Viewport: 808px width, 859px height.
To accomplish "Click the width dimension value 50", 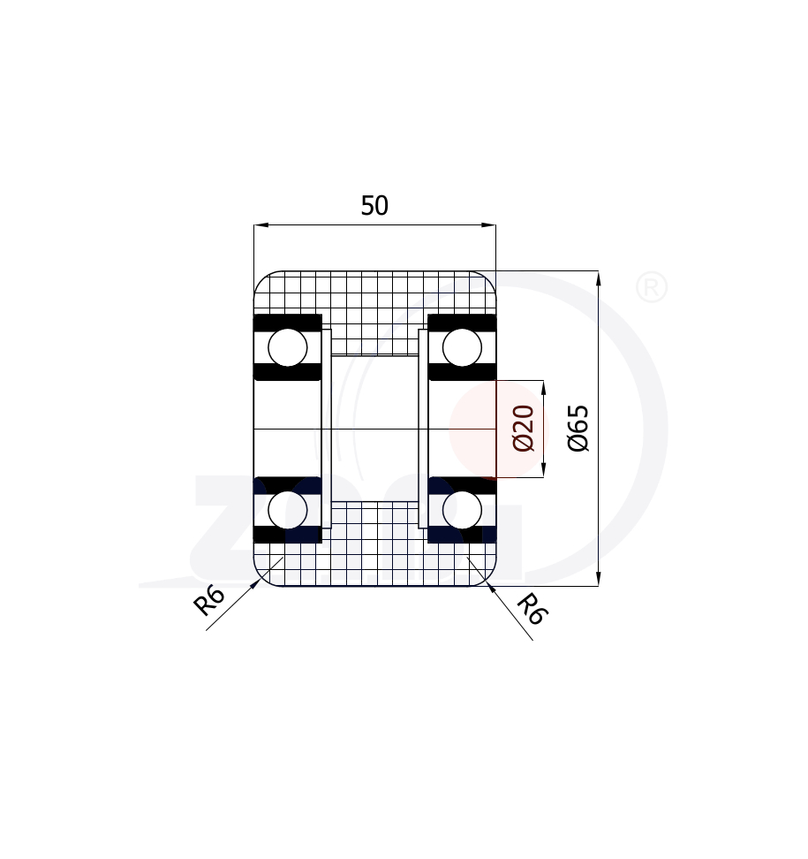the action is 374,205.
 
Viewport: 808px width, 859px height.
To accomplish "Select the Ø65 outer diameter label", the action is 578,428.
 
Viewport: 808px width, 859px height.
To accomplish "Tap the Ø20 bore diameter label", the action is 524,428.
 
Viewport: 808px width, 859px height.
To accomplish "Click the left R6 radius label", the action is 209,600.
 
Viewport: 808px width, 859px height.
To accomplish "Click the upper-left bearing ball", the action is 288,347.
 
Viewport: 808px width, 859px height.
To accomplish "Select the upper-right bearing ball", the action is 462,347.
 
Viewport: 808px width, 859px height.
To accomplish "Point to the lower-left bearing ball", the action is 288,510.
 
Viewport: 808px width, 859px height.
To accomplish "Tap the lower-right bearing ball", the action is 462,510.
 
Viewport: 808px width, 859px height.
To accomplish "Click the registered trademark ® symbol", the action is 652,287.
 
